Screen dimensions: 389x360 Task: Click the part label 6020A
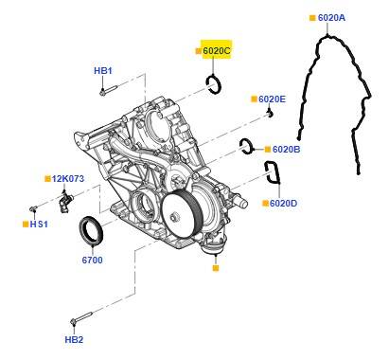tap(331, 18)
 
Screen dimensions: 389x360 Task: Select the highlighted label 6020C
tap(217, 50)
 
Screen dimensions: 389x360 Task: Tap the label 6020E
tap(272, 99)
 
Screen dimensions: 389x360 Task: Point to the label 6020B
tap(286, 149)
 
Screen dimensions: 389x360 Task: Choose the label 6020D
tap(283, 203)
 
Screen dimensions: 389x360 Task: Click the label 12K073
tap(68, 179)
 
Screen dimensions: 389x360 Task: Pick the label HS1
tap(39, 225)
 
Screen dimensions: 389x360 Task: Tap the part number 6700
tap(92, 261)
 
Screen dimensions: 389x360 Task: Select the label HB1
tap(103, 71)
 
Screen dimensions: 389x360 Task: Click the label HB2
tap(74, 340)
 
